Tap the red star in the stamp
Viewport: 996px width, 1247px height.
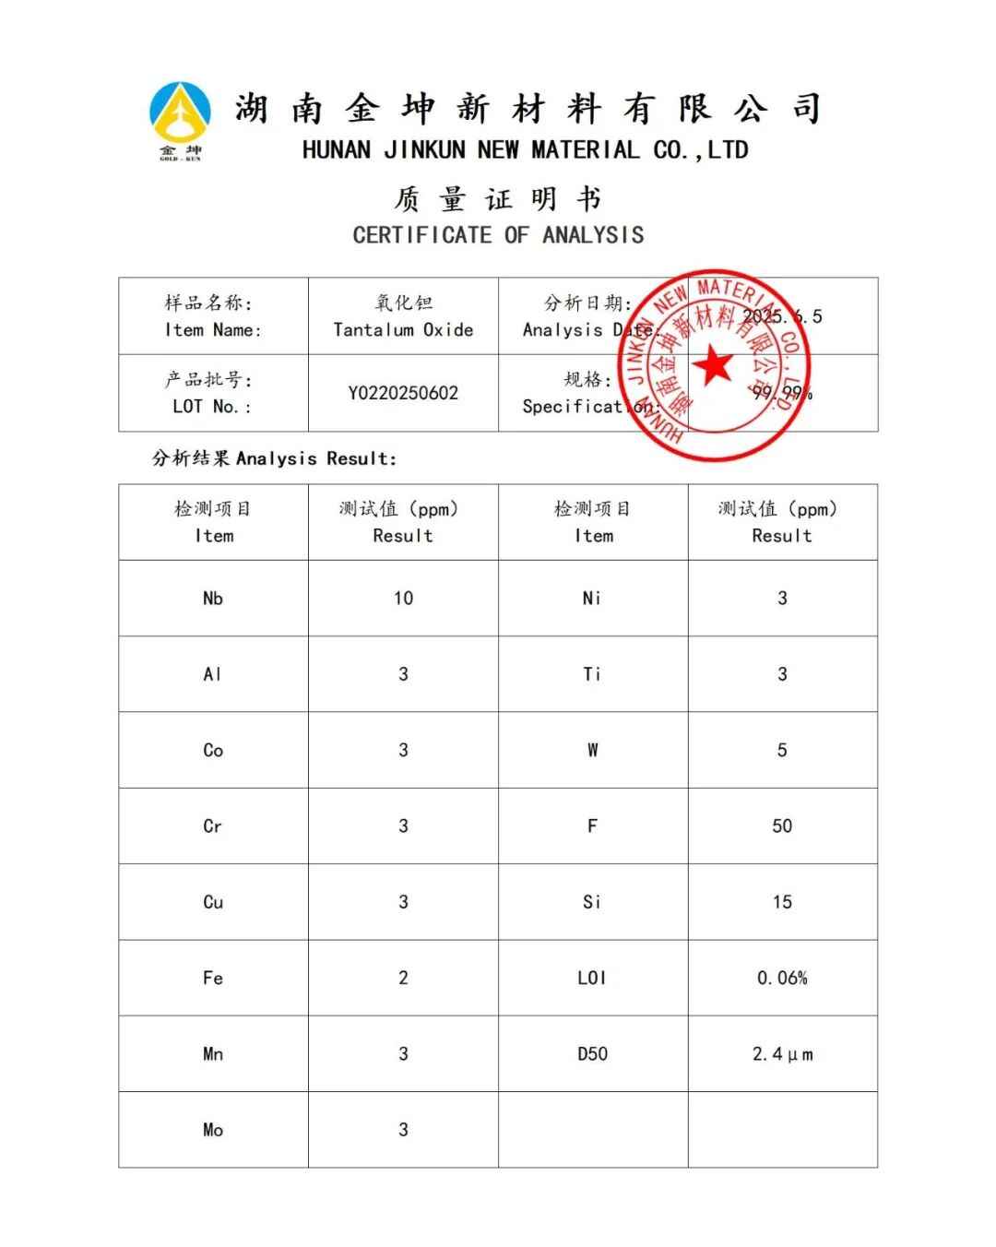[713, 366]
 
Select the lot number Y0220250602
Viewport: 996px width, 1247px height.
[403, 393]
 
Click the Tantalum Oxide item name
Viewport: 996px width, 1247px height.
[403, 329]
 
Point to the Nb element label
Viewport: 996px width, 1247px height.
[213, 599]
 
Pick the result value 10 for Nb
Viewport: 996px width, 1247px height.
[403, 599]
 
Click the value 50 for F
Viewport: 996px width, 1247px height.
[782, 826]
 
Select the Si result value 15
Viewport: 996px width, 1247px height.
[782, 902]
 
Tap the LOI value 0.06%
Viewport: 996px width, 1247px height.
[782, 978]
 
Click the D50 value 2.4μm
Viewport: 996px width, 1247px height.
[782, 1054]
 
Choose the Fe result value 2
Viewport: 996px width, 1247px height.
[403, 978]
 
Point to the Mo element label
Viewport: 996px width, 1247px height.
[213, 1130]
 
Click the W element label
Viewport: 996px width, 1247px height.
[592, 750]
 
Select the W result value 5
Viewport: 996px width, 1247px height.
[782, 750]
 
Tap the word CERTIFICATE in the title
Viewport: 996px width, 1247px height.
[422, 235]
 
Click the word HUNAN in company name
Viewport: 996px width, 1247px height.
[337, 150]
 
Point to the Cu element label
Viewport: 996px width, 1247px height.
[213, 902]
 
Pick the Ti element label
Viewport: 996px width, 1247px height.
[592, 674]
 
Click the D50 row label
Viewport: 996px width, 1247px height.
[592, 1054]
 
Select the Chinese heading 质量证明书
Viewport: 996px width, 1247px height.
[498, 199]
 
